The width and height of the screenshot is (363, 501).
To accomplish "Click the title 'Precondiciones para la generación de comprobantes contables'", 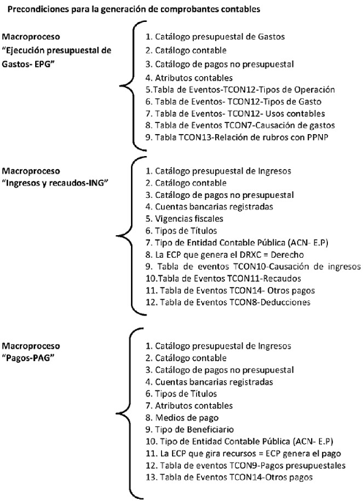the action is tap(134, 10).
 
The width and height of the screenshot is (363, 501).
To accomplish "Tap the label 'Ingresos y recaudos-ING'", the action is tap(56, 183).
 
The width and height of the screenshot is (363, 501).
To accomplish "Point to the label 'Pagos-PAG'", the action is tap(28, 358).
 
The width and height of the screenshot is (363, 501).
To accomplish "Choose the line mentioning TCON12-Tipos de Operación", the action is tap(240, 90).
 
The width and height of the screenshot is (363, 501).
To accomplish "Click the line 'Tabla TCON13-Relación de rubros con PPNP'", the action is tap(237, 138).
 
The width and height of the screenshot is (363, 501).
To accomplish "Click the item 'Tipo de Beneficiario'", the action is tap(190, 429).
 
